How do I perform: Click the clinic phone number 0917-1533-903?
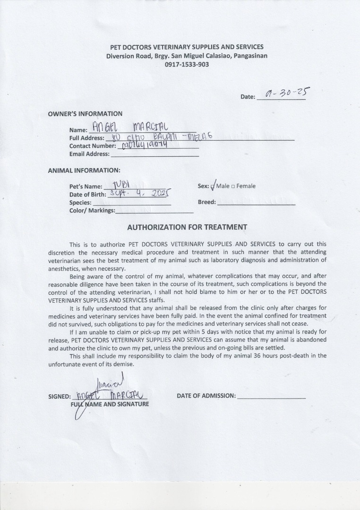pos(187,65)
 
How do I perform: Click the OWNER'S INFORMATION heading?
pos(85,114)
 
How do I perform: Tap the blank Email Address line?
pos(154,154)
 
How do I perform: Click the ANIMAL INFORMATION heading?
pos(84,170)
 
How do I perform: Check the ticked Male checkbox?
pos(213,186)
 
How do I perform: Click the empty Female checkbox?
pos(233,186)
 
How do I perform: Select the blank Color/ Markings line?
pos(154,211)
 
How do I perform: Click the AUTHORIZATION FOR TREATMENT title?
pos(187,227)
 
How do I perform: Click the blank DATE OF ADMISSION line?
pos(271,396)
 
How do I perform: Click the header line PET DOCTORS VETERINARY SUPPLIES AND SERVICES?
pos(187,47)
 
